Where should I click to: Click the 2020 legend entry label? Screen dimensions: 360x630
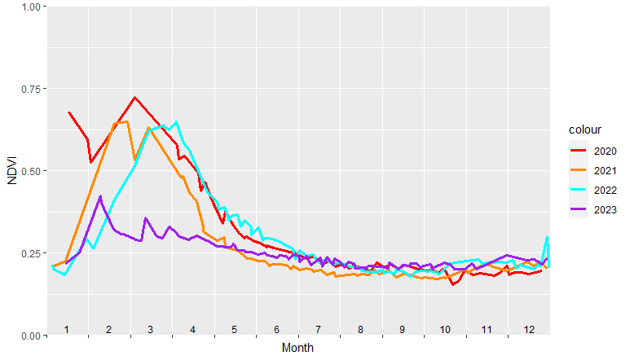click(605, 151)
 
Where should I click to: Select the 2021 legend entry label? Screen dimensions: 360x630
click(605, 170)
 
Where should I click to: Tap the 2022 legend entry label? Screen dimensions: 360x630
click(605, 191)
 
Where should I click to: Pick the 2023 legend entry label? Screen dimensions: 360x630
click(605, 210)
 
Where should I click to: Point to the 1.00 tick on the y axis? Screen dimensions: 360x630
click(29, 7)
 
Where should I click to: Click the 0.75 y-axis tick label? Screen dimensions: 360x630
click(29, 89)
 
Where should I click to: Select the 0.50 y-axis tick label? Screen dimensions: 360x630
click(29, 171)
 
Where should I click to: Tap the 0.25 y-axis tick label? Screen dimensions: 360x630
click(29, 253)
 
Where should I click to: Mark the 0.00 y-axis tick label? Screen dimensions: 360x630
click(29, 336)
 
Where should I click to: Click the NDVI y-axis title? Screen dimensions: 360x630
click(11, 171)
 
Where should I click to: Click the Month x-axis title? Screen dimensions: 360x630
click(297, 348)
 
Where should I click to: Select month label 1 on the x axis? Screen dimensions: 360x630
click(67, 329)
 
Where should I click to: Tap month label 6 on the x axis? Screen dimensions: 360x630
click(276, 329)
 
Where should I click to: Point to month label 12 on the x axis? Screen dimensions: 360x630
click(529, 329)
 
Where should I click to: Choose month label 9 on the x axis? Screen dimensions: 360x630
click(403, 329)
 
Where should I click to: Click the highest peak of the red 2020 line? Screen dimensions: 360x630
click(134, 98)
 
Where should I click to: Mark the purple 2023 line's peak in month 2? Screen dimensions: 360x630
click(100, 196)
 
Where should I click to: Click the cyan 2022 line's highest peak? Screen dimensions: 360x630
click(176, 122)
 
